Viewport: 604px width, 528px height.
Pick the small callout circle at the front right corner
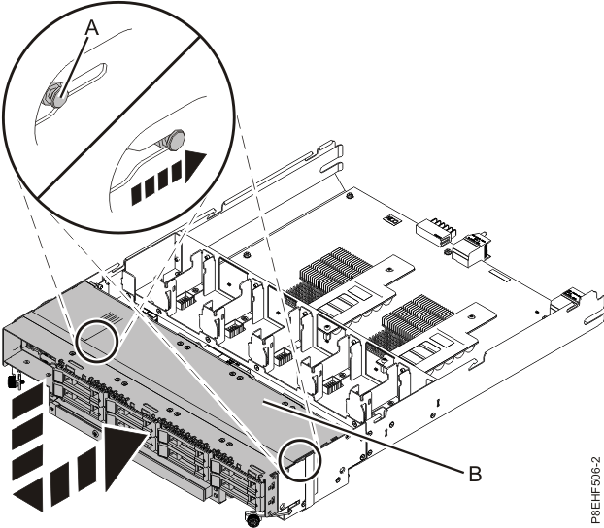(x=299, y=463)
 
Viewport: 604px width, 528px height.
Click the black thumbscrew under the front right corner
(x=252, y=520)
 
